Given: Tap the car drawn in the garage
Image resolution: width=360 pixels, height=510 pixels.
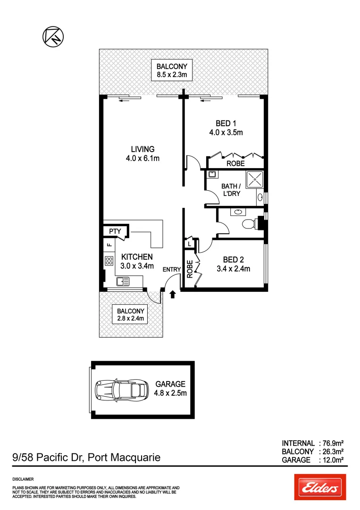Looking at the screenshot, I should click(121, 390).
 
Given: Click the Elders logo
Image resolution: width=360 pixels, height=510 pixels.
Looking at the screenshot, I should click(320, 487).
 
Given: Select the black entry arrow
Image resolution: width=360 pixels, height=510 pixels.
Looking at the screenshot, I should click(172, 294).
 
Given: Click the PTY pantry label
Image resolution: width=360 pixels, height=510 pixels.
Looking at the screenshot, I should click(115, 231).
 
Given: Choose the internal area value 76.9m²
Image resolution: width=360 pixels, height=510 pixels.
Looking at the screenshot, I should click(332, 443).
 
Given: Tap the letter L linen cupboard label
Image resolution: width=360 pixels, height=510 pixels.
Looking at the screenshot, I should click(189, 244).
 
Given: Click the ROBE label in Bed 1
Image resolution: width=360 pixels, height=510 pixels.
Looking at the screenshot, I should click(235, 164).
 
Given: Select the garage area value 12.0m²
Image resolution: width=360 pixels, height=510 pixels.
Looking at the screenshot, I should click(332, 459).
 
